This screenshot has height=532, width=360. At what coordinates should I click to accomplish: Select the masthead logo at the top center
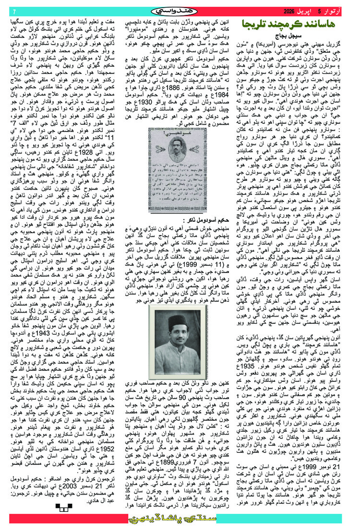[180, 10]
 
